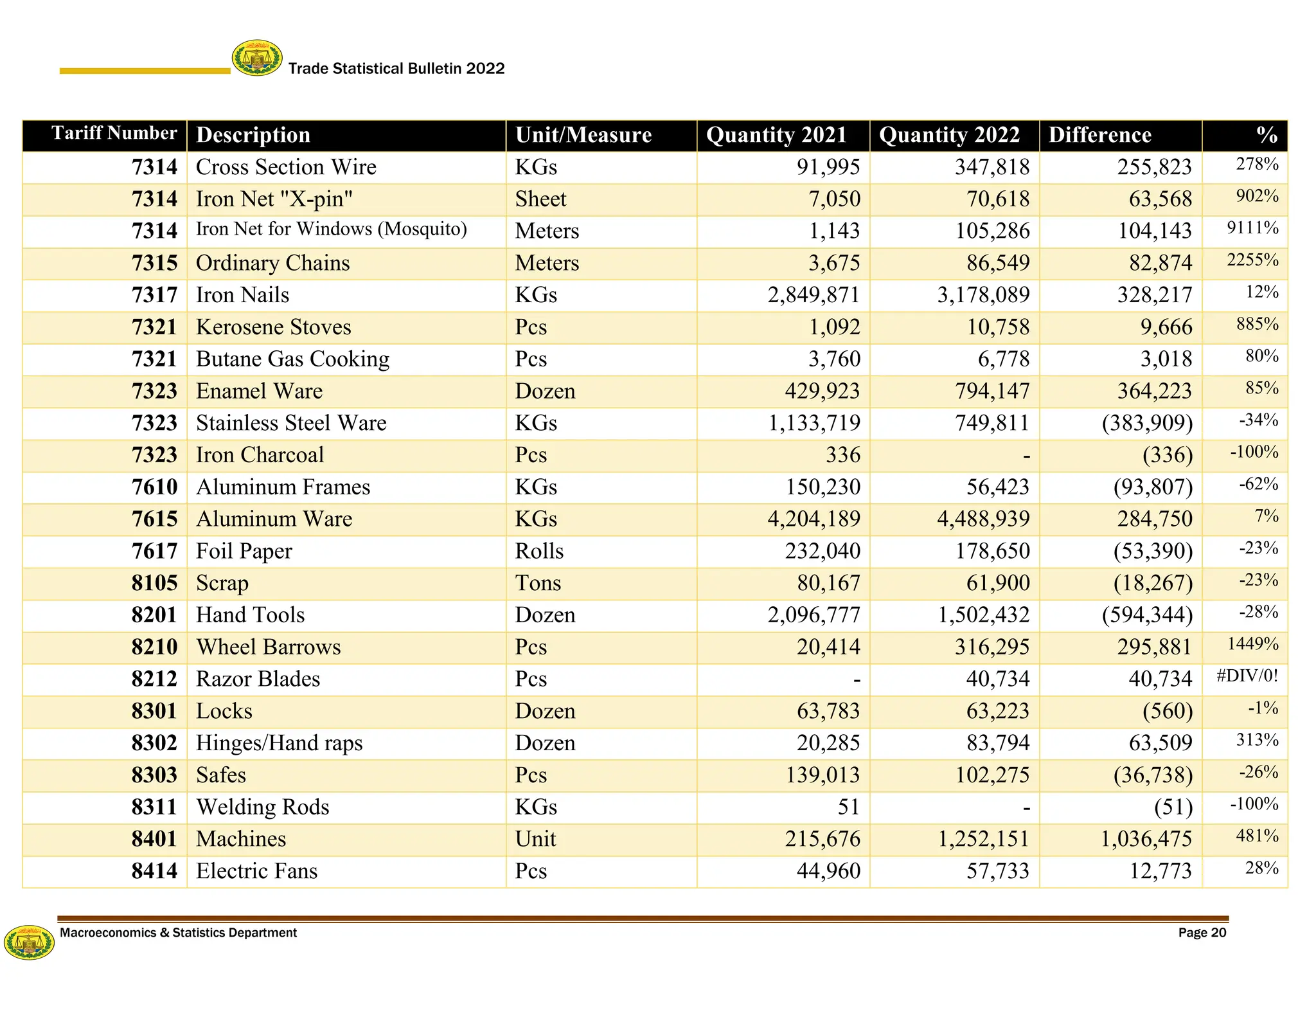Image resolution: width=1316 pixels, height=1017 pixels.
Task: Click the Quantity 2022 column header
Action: point(949,135)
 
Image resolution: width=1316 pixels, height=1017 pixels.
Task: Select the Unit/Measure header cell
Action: point(583,135)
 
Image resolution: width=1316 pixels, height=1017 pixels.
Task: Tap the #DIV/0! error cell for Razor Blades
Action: point(1247,676)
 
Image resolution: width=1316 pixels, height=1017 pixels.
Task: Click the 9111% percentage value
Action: point(1252,228)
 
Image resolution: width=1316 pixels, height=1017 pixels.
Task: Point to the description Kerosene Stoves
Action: point(273,327)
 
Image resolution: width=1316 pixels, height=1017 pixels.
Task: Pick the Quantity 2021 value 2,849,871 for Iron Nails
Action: point(813,295)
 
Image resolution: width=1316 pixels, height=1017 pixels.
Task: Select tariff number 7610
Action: point(154,487)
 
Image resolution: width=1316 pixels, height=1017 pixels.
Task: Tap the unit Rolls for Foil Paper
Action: point(539,552)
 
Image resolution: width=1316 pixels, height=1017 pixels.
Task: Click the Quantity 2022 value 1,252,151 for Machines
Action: point(983,839)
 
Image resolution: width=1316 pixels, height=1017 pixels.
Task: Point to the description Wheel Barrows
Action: point(268,647)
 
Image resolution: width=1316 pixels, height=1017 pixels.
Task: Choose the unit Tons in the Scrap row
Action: point(538,583)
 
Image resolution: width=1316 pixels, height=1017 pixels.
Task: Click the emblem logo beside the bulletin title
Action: point(256,58)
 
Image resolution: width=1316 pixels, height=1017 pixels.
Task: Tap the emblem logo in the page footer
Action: point(29,942)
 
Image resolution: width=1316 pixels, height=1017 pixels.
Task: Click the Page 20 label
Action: point(1202,933)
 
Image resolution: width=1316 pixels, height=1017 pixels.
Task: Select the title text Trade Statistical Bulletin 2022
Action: point(396,69)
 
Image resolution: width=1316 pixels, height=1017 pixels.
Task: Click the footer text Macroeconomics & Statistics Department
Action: point(178,933)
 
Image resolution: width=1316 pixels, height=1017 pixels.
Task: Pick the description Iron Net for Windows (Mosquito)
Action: point(331,229)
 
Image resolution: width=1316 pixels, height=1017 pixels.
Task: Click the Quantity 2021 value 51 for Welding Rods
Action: point(848,807)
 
